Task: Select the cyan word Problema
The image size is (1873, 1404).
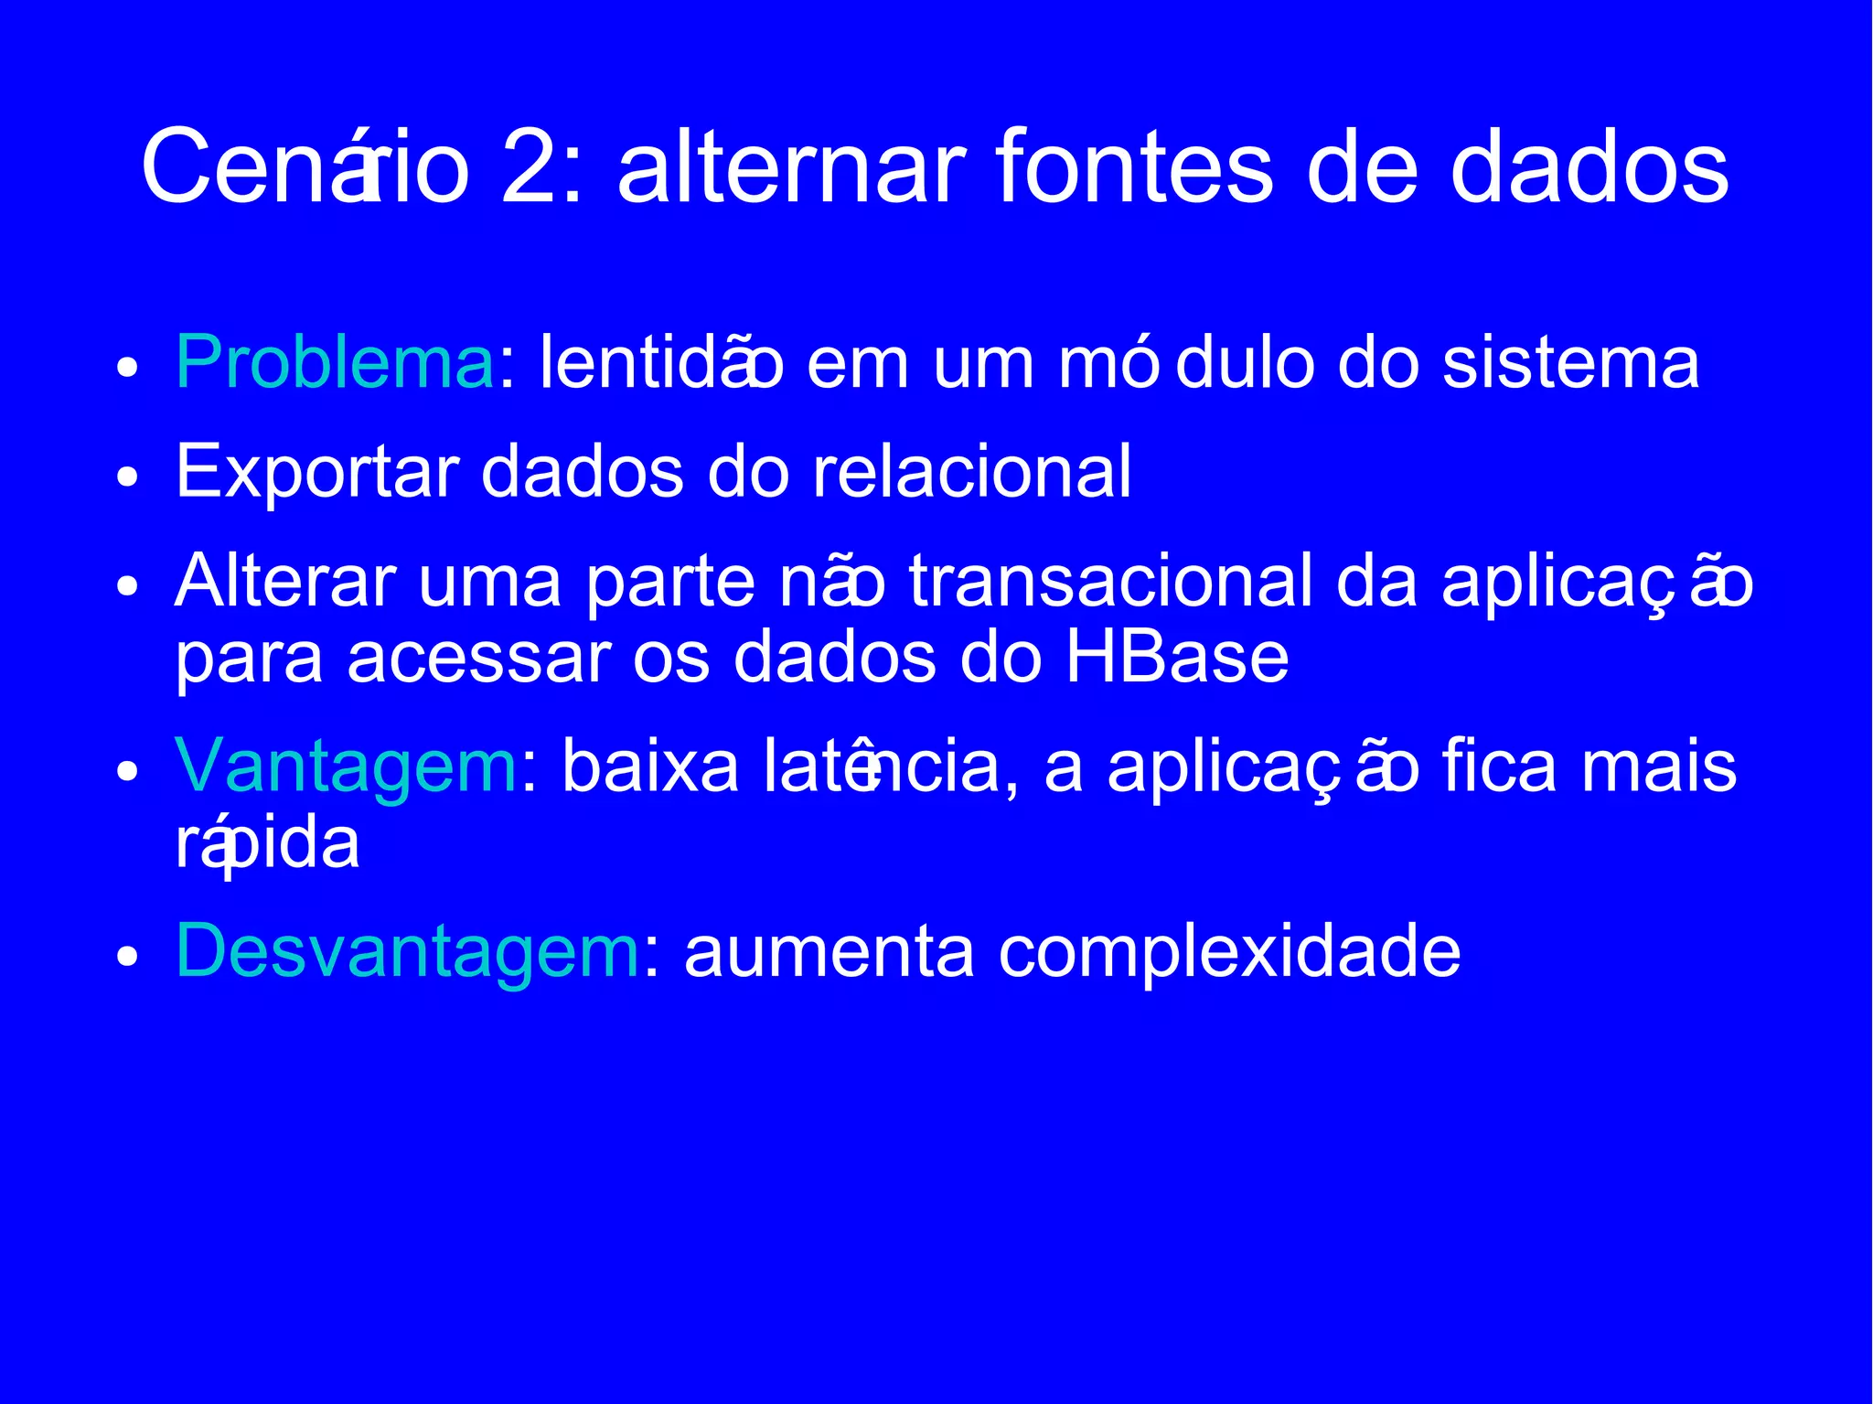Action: [x=335, y=364]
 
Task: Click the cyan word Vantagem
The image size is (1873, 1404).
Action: [x=347, y=766]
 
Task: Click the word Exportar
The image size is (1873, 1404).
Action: [x=316, y=473]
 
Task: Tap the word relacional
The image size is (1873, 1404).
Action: [x=972, y=471]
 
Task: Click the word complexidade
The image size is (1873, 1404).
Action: [x=1229, y=952]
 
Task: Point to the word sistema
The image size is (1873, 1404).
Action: [x=1570, y=364]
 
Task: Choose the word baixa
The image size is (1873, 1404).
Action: [x=650, y=766]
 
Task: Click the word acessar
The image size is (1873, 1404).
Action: [x=479, y=659]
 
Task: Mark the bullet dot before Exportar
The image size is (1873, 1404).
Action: [x=127, y=477]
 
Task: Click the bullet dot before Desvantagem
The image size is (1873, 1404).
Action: [x=127, y=957]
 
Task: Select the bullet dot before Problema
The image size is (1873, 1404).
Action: [x=127, y=369]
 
